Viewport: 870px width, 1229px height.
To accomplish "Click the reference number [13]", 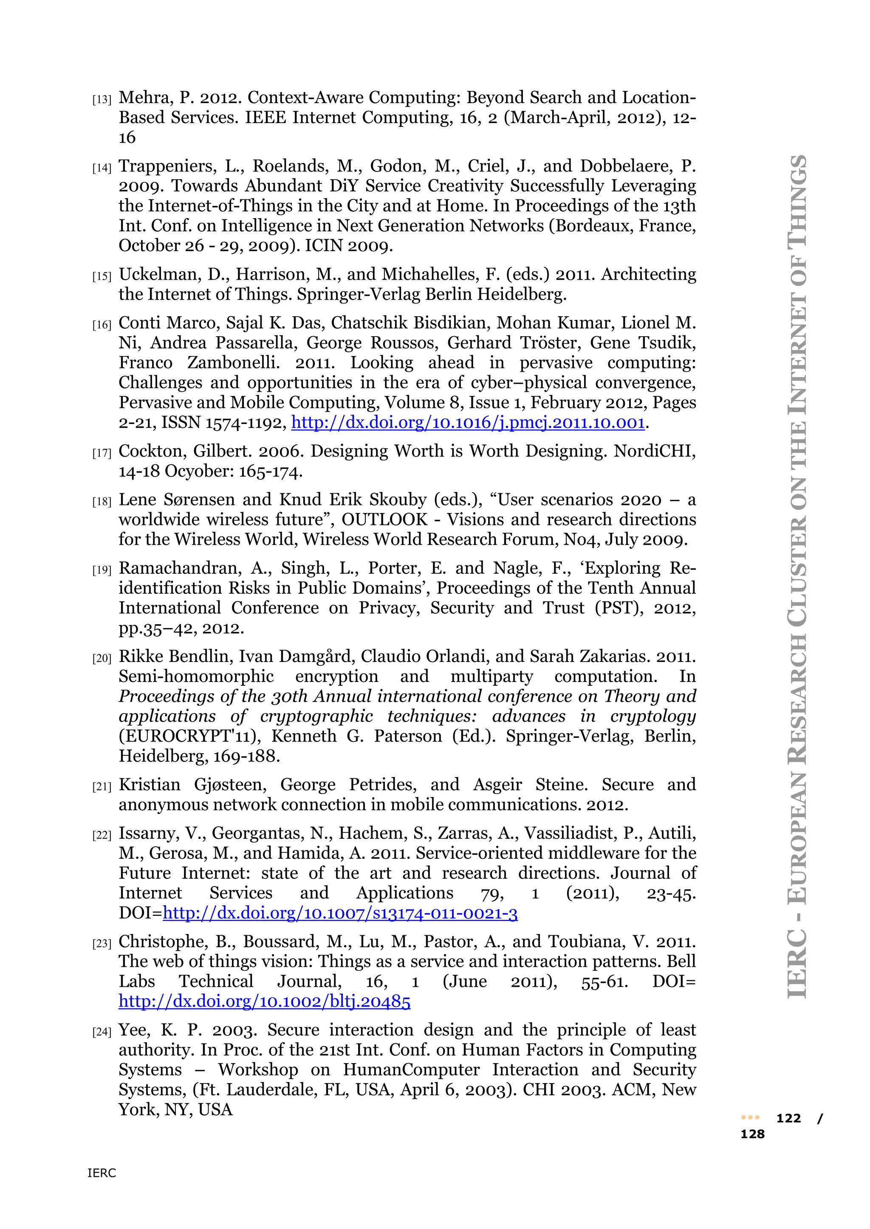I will (102, 100).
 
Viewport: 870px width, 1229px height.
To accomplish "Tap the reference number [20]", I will (102, 658).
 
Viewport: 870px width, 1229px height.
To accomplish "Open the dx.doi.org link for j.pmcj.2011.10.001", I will (468, 423).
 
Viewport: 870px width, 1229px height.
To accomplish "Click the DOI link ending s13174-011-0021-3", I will (340, 913).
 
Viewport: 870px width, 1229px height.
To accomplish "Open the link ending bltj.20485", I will (265, 1002).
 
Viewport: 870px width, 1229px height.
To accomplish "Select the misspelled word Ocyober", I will (197, 471).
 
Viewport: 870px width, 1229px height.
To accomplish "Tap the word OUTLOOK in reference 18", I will (384, 520).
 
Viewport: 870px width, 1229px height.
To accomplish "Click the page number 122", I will (788, 1118).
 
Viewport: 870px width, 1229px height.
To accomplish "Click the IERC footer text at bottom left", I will (102, 1173).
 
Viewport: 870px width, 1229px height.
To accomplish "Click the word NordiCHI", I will (654, 451).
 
